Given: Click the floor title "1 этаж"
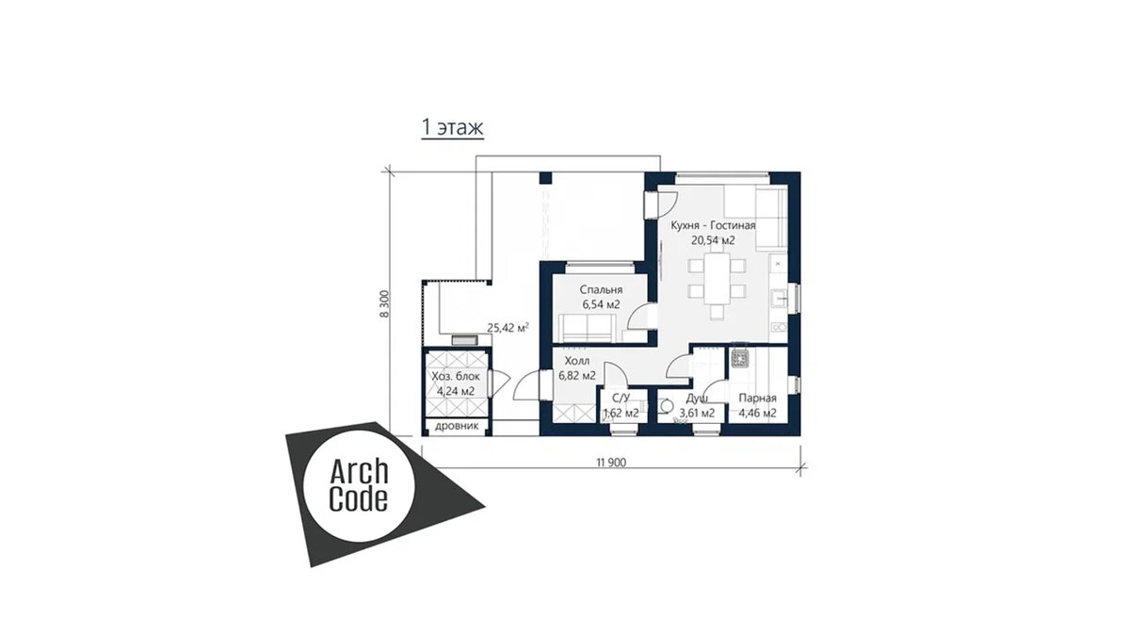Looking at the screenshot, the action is click(453, 128).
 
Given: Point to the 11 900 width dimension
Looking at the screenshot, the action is click(611, 463).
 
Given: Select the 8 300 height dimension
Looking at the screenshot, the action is click(384, 303).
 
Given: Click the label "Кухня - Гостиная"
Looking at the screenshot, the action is click(713, 225).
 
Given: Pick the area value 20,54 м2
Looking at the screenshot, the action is click(713, 240).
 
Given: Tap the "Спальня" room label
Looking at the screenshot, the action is click(601, 290).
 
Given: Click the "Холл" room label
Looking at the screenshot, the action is click(577, 361).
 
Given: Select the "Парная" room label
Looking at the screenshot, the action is click(757, 399).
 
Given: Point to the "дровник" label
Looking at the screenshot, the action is click(457, 426).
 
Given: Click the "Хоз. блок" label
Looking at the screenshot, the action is click(456, 377).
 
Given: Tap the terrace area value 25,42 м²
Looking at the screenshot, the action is click(508, 328).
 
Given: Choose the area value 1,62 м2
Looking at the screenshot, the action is click(621, 413).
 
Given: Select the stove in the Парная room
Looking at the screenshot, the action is click(739, 358).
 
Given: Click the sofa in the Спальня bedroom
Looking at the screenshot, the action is click(587, 327).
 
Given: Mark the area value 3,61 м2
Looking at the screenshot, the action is click(697, 413).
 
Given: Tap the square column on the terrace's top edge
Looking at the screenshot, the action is click(545, 178).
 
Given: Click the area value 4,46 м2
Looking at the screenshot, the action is click(757, 413).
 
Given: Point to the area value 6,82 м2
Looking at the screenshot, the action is click(577, 376).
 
